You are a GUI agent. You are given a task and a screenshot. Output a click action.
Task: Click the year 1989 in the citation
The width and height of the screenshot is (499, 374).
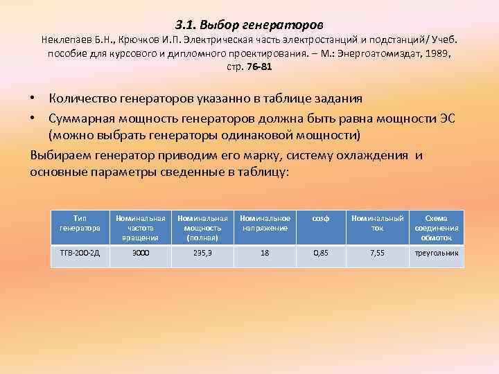tap(437, 53)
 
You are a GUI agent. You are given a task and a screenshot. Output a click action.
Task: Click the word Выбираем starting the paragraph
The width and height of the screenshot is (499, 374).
tap(58, 154)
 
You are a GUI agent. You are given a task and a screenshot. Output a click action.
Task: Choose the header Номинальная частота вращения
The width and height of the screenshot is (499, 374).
tap(141, 227)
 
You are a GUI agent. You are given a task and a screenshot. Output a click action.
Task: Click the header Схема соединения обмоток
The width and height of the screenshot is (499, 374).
tap(437, 227)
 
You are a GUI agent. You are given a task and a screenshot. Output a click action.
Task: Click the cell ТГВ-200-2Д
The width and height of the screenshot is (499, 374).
tap(80, 253)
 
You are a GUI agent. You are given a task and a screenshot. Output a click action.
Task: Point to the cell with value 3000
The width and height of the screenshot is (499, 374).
tap(141, 253)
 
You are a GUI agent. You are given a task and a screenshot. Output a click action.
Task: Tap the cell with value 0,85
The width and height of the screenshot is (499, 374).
tap(320, 253)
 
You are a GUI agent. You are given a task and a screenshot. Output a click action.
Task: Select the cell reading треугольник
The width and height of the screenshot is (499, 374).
tap(437, 253)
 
